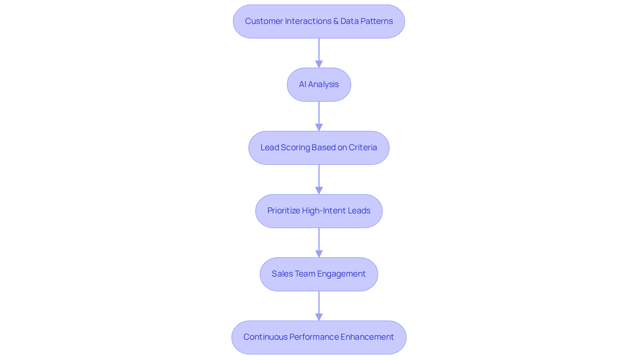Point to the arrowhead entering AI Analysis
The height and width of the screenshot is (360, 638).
coord(319,64)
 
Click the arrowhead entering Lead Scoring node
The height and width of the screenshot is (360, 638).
coord(319,127)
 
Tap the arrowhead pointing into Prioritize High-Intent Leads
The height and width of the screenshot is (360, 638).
coord(319,190)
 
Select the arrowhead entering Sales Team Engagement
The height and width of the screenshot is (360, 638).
coord(319,254)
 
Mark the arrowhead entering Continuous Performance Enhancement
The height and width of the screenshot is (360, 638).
coord(319,317)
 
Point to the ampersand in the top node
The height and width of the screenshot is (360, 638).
coord(336,21)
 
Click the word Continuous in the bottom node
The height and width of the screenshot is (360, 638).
coord(265,337)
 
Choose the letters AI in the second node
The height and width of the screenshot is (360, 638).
coord(302,84)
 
